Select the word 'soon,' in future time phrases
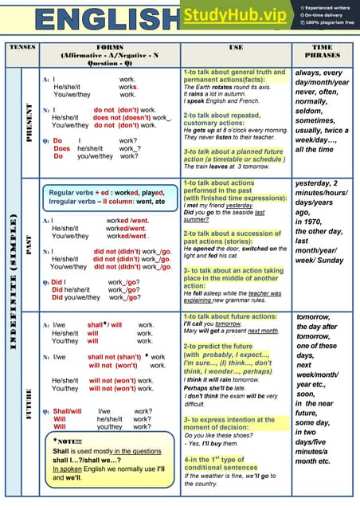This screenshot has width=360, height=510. pos(306,394)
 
